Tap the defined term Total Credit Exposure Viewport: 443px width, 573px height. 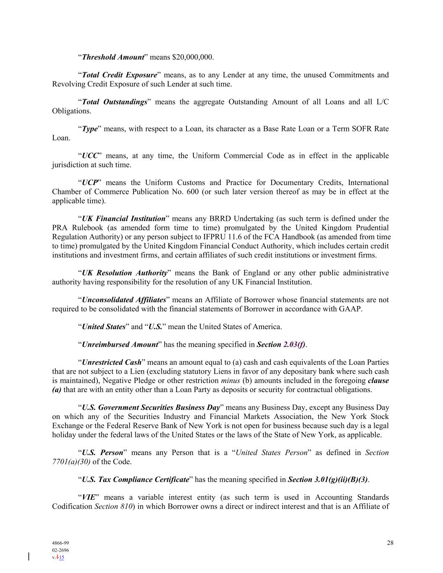[119, 75]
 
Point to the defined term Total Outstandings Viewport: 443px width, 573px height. [114, 102]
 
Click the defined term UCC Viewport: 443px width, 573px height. [89, 156]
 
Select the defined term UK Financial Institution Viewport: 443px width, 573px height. [123, 219]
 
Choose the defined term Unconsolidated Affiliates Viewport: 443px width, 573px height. [124, 300]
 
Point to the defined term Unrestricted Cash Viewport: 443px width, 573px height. [112, 362]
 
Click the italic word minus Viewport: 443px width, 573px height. [230, 381]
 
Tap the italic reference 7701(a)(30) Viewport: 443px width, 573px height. [71, 462]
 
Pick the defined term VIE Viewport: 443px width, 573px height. [89, 497]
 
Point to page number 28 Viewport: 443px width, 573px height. [390, 543]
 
